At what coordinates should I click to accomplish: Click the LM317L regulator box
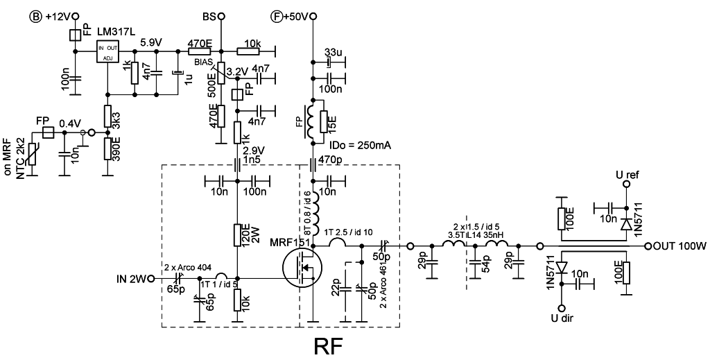point(107,51)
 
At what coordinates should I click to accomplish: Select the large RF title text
point(329,346)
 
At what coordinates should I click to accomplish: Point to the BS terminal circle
point(221,17)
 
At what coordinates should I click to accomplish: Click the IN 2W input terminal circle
point(150,278)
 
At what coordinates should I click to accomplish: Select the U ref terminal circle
point(626,184)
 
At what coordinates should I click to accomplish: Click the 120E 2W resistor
point(237,235)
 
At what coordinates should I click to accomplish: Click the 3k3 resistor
point(107,117)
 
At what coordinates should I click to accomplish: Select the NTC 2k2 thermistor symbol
point(32,155)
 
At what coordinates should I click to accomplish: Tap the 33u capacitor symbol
point(329,61)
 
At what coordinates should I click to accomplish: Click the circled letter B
point(35,17)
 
